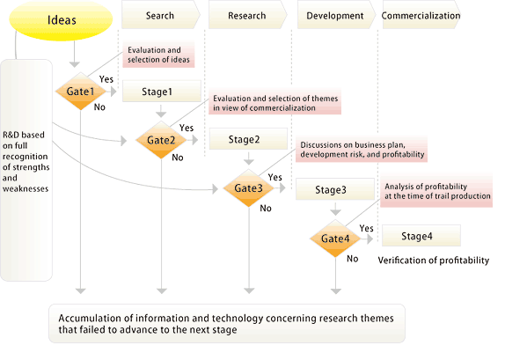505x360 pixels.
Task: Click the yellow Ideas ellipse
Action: [x=61, y=20]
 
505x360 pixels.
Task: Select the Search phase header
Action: [x=161, y=15]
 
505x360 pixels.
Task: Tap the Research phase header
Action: [x=248, y=15]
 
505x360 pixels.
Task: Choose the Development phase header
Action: [x=336, y=15]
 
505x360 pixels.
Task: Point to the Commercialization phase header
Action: [x=421, y=15]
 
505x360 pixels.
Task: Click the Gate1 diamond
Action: [x=81, y=92]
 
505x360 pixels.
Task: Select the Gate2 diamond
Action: [x=161, y=140]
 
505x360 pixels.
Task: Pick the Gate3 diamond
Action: [x=249, y=187]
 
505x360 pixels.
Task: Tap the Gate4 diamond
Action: [x=335, y=239]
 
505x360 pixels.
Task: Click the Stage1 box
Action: [x=162, y=92]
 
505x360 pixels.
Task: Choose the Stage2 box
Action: [x=248, y=139]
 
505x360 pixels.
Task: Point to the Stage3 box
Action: [x=335, y=189]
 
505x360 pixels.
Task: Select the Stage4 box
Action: [x=421, y=236]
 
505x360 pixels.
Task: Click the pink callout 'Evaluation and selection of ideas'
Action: [x=158, y=55]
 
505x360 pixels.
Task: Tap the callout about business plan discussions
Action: [x=362, y=150]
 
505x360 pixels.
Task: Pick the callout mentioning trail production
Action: [x=436, y=191]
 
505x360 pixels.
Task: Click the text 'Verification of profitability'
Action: [x=434, y=260]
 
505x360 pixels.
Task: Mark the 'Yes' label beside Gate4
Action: [x=367, y=228]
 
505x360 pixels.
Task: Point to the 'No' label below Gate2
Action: [x=178, y=158]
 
